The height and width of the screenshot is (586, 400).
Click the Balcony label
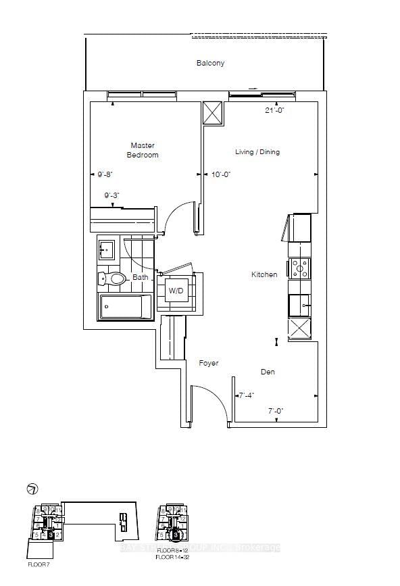[x=210, y=64]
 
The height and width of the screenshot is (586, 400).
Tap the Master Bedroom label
[x=143, y=150]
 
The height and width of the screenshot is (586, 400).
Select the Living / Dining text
[x=257, y=152]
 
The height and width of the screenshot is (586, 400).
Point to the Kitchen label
[x=264, y=274]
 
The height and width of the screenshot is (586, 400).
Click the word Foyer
[x=209, y=364]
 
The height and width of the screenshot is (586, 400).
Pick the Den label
[x=268, y=372]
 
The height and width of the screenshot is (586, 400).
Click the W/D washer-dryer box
[x=175, y=291]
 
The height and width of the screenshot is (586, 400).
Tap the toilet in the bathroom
[x=114, y=278]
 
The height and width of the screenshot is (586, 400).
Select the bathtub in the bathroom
[x=126, y=308]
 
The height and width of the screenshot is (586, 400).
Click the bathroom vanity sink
[x=106, y=250]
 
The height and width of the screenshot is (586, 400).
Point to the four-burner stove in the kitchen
[x=299, y=268]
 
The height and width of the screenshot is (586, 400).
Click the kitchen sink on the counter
[x=299, y=306]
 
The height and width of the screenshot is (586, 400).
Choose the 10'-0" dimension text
[x=221, y=174]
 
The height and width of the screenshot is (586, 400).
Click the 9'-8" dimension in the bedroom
[x=104, y=174]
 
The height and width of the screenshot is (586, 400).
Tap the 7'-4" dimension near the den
[x=245, y=395]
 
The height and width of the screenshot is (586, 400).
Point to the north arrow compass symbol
[x=31, y=489]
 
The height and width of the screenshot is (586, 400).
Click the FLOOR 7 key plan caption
[x=38, y=562]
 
